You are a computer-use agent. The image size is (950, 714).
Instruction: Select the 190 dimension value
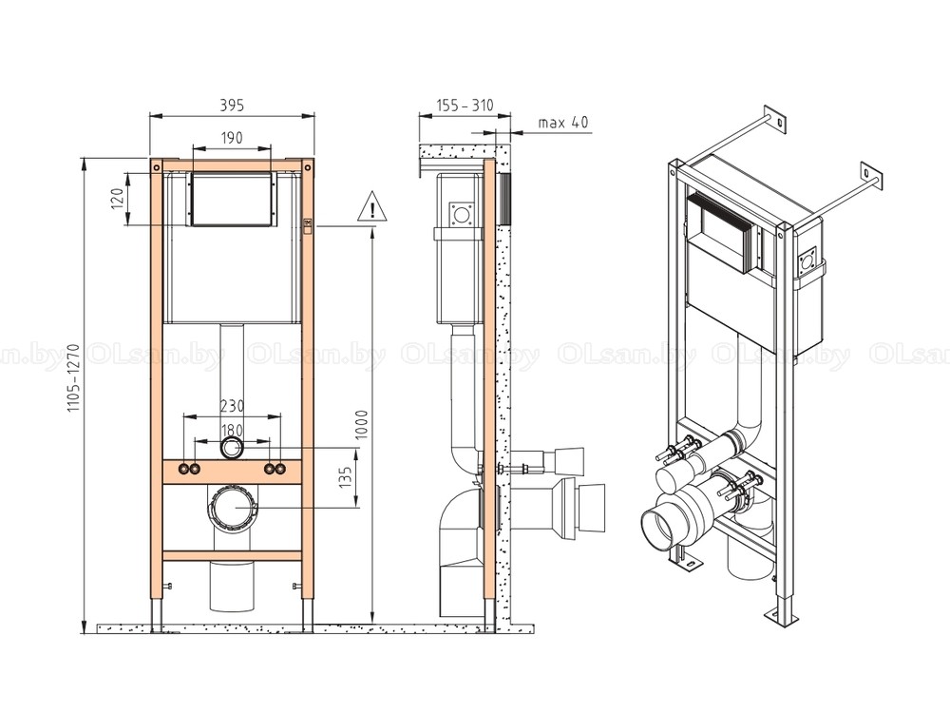click(232, 138)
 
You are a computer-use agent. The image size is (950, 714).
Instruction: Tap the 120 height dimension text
click(118, 198)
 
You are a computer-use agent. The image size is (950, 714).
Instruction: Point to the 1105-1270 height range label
click(73, 378)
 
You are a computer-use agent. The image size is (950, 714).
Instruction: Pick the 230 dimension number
click(232, 406)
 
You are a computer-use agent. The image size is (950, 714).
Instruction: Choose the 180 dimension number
click(232, 431)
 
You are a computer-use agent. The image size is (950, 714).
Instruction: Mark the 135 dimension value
click(346, 477)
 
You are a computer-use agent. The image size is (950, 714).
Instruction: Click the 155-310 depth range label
click(465, 106)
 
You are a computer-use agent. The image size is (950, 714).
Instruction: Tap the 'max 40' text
click(563, 123)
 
